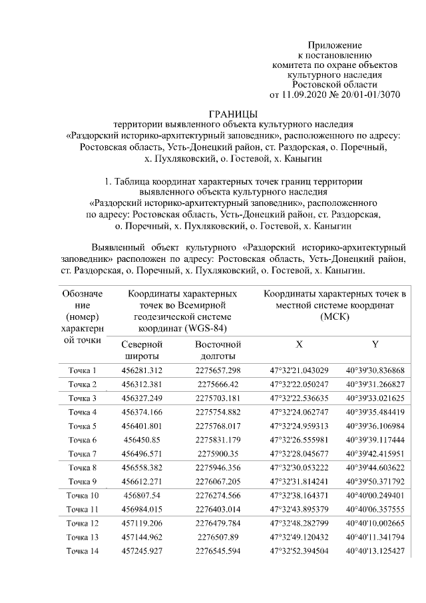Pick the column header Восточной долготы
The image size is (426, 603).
[x=218, y=350]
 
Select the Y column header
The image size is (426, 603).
[x=375, y=345]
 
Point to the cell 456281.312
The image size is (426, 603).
[x=142, y=370]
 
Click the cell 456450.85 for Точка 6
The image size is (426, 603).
[x=142, y=440]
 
